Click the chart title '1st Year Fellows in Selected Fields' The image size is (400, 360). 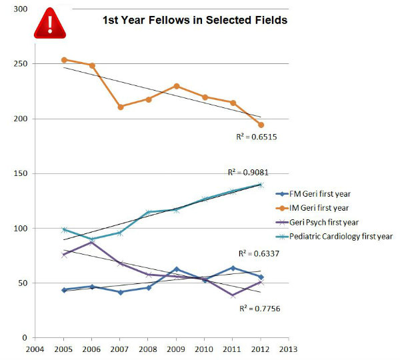click(195, 21)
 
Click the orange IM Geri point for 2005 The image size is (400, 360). click(64, 60)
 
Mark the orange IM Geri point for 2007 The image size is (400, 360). click(121, 107)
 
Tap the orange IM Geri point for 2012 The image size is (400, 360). click(261, 125)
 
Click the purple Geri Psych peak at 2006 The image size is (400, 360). click(92, 242)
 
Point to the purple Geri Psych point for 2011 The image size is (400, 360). click(233, 295)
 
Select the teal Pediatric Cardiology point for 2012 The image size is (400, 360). click(261, 185)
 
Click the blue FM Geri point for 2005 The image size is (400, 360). click(64, 290)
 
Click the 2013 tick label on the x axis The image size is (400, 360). click(289, 348)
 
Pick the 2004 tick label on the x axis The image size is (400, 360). click(36, 348)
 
